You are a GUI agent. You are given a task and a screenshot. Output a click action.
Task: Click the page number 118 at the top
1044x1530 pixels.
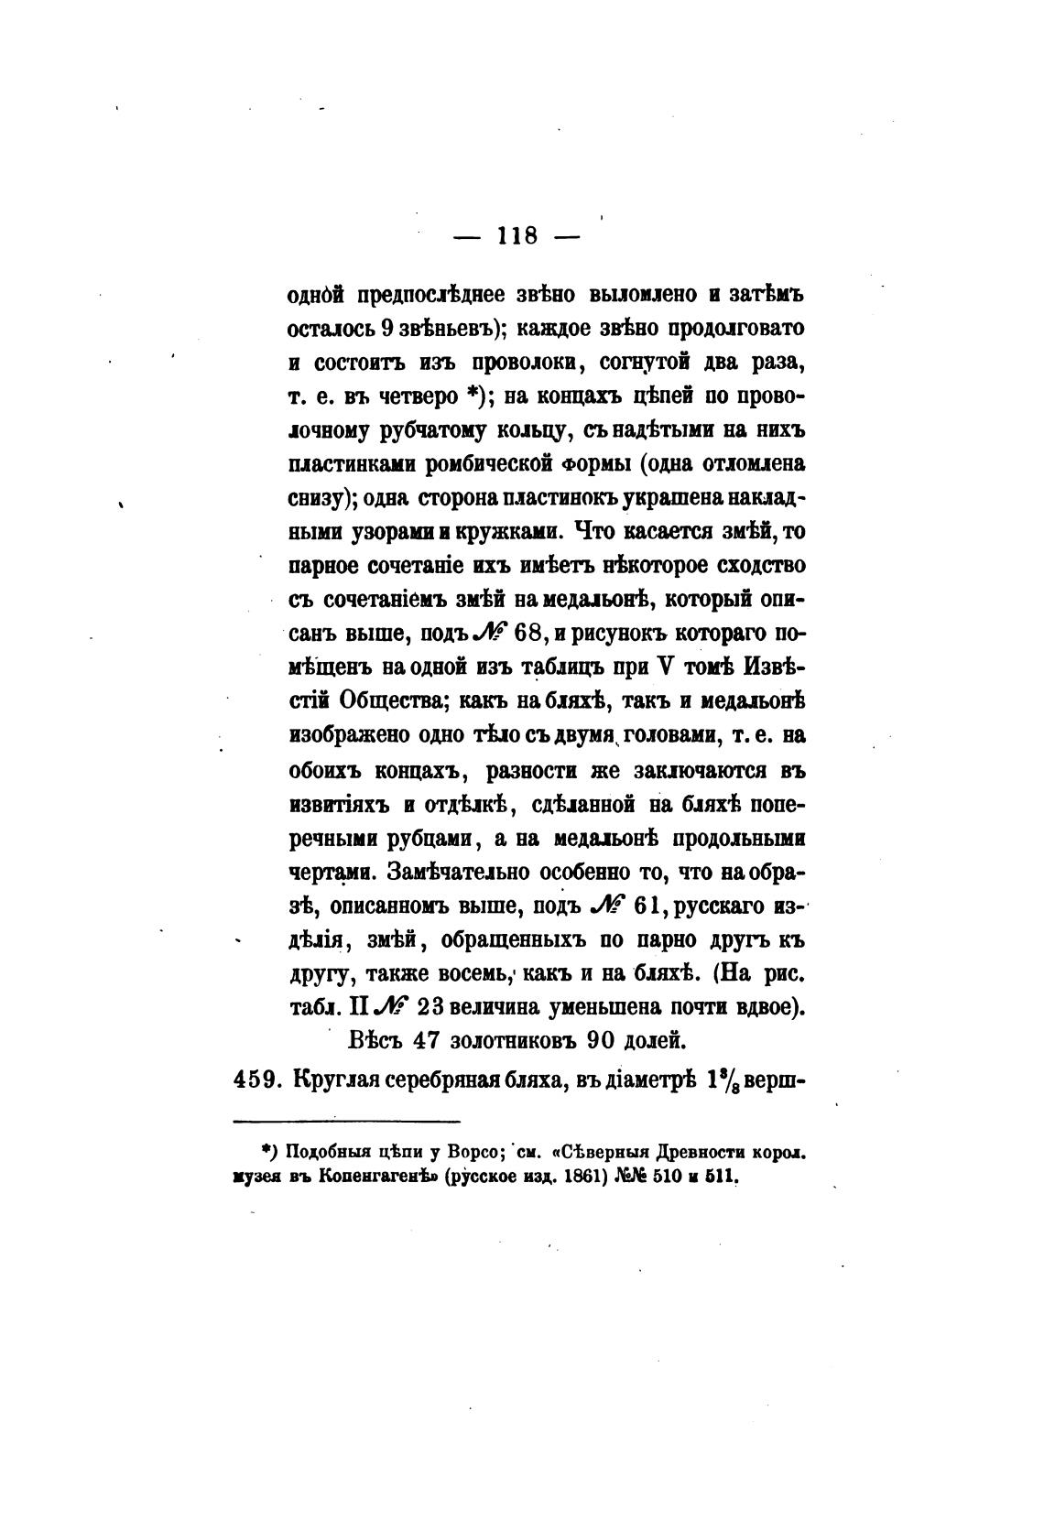click(x=517, y=235)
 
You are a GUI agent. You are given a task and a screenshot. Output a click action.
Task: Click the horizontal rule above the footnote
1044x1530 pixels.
click(x=347, y=1121)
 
